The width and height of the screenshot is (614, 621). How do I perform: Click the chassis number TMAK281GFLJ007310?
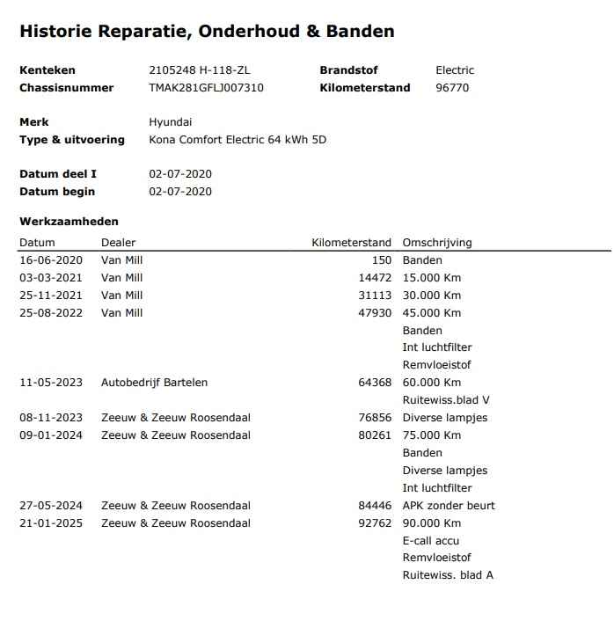click(x=206, y=88)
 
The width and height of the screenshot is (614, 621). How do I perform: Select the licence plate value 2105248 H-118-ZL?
click(x=204, y=70)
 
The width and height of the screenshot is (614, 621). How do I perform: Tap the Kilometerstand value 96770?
click(x=452, y=88)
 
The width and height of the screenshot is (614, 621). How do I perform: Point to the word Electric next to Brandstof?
click(x=455, y=70)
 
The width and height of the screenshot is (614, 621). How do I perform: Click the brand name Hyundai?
click(x=170, y=122)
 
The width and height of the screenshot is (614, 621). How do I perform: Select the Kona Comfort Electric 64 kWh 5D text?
click(x=238, y=140)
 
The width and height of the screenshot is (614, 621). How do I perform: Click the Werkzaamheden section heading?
click(x=69, y=222)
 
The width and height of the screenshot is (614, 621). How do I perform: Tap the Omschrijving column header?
click(x=437, y=243)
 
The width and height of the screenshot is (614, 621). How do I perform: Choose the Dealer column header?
click(x=119, y=243)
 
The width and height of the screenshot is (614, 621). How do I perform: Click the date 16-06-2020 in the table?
click(x=50, y=260)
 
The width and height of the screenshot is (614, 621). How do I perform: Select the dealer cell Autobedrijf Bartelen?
click(x=154, y=383)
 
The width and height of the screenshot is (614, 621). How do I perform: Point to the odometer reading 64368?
click(x=375, y=383)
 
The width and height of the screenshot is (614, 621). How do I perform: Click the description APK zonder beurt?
click(x=449, y=506)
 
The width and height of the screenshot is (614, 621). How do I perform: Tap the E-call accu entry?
click(x=431, y=541)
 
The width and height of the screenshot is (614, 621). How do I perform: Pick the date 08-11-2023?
click(x=50, y=418)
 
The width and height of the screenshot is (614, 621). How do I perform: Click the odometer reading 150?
click(x=382, y=260)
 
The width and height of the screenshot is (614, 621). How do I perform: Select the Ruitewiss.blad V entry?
click(x=446, y=400)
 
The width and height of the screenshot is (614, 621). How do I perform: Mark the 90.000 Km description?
click(x=432, y=523)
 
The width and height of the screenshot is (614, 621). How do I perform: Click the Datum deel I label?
click(x=58, y=174)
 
